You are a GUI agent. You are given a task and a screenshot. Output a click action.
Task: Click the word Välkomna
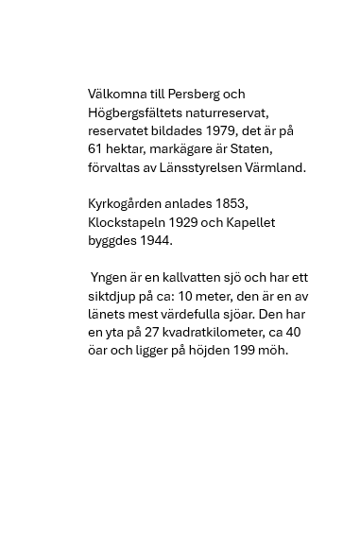pos(116,95)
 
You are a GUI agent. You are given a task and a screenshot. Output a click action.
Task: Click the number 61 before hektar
pos(95,149)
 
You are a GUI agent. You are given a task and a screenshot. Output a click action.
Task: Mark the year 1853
pos(231,204)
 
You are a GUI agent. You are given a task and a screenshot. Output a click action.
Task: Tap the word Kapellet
pos(251,223)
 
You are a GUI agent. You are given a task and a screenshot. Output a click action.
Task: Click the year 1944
pos(156,241)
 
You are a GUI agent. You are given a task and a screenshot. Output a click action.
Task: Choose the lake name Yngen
pos(108,278)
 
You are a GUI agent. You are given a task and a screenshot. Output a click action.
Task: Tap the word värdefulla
pos(194,315)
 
